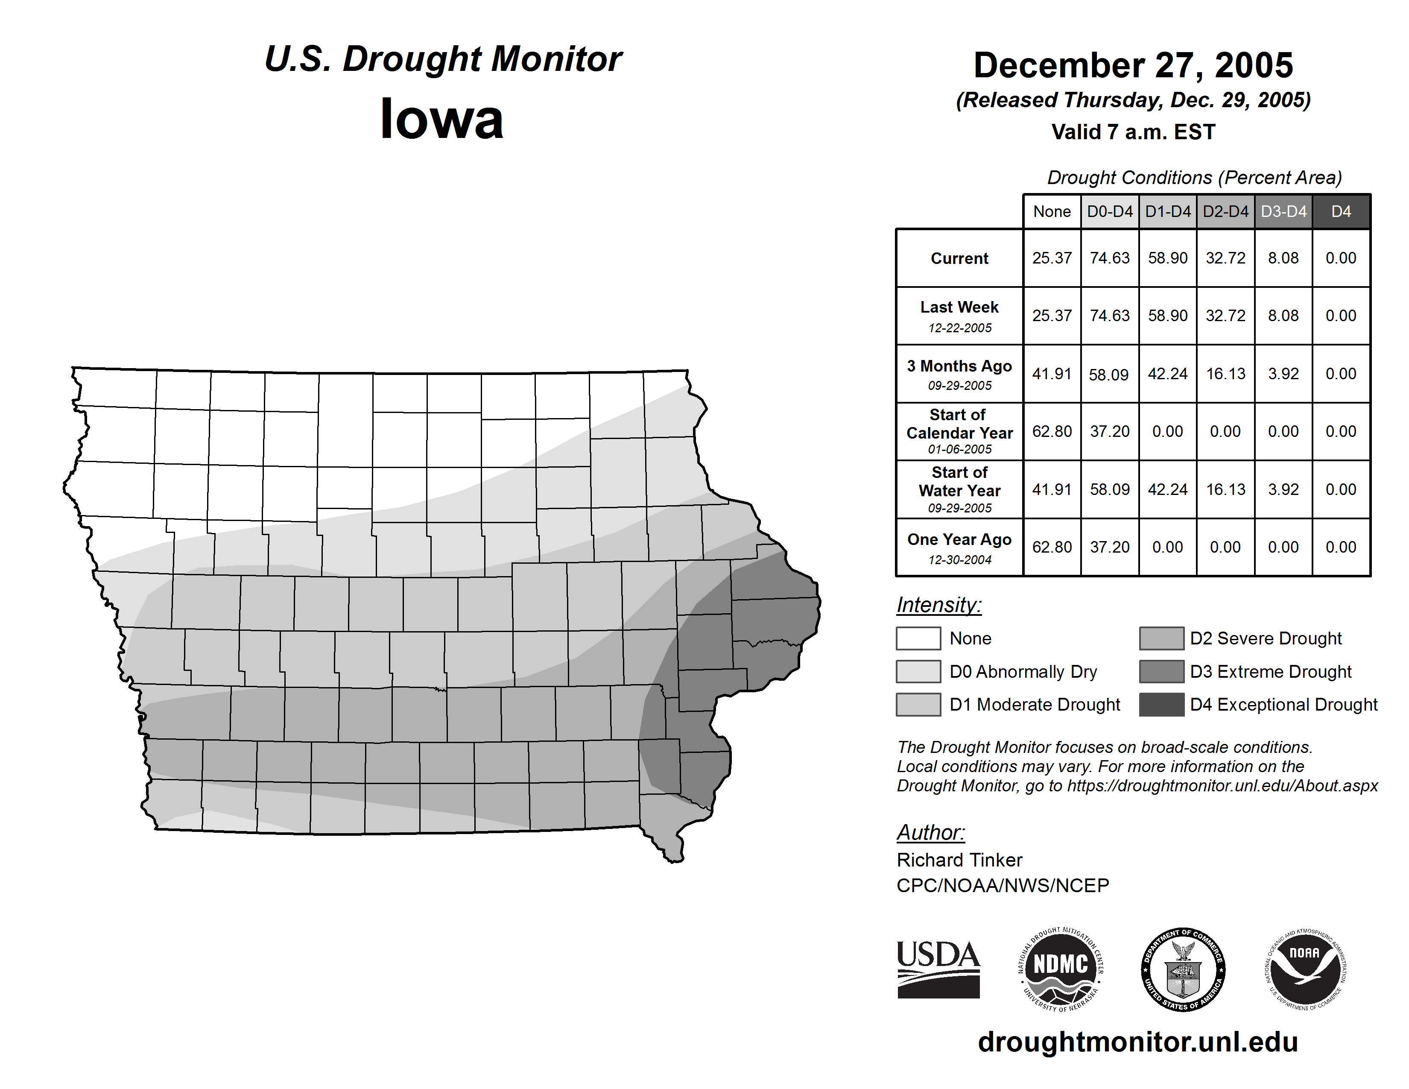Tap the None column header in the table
(x=1052, y=211)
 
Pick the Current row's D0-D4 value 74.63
(x=1110, y=258)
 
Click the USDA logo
(x=938, y=969)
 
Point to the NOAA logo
(x=1304, y=969)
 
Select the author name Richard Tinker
(x=959, y=860)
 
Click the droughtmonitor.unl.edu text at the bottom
(x=1138, y=1042)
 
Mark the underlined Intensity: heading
(x=938, y=605)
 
